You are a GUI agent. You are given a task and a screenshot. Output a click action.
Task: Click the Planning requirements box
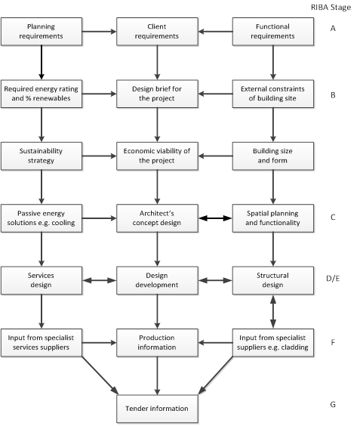41,32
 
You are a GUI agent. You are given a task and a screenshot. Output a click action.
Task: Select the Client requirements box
157,32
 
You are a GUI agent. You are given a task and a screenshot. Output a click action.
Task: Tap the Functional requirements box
272,32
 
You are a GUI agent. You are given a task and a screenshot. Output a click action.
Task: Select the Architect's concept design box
157,219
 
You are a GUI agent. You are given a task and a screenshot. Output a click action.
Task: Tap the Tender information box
157,408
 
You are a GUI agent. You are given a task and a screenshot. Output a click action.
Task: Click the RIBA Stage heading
334,7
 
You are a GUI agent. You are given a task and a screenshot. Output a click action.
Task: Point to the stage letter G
333,405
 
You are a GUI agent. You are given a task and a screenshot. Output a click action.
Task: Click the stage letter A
333,30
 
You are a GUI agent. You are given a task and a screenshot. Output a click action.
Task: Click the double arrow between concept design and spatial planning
214,219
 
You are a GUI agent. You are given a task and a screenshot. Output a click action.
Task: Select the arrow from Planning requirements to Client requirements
99,32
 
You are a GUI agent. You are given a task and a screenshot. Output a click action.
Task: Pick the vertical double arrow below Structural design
272,312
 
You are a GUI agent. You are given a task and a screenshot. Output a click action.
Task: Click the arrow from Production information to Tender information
157,375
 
